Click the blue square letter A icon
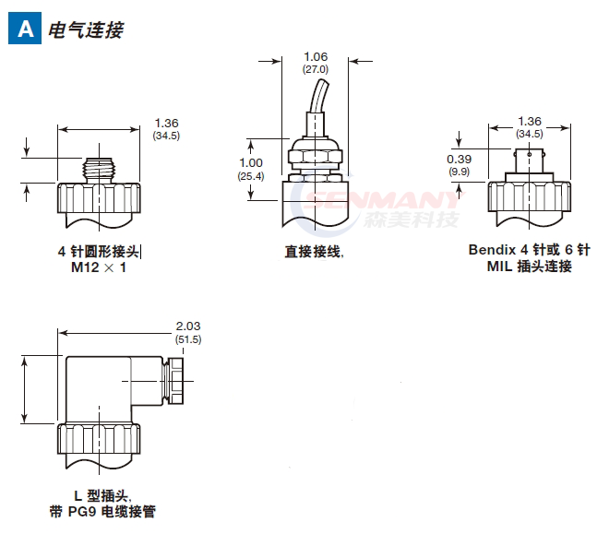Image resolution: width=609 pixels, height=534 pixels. click(x=24, y=30)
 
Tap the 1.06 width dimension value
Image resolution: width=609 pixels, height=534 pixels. click(x=316, y=57)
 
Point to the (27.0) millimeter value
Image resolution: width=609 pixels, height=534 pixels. click(x=316, y=69)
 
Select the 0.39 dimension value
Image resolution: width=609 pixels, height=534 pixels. click(x=460, y=160)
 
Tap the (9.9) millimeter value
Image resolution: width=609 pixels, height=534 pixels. click(x=460, y=172)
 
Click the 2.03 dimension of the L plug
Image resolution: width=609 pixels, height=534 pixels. click(x=188, y=326)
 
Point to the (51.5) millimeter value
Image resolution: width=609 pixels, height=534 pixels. click(x=188, y=339)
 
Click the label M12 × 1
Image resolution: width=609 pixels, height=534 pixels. click(x=99, y=267)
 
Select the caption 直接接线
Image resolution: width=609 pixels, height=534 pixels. click(x=314, y=250)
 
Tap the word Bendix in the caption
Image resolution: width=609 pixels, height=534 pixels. click(x=492, y=250)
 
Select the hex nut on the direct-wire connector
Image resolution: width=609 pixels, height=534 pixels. click(x=316, y=153)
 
